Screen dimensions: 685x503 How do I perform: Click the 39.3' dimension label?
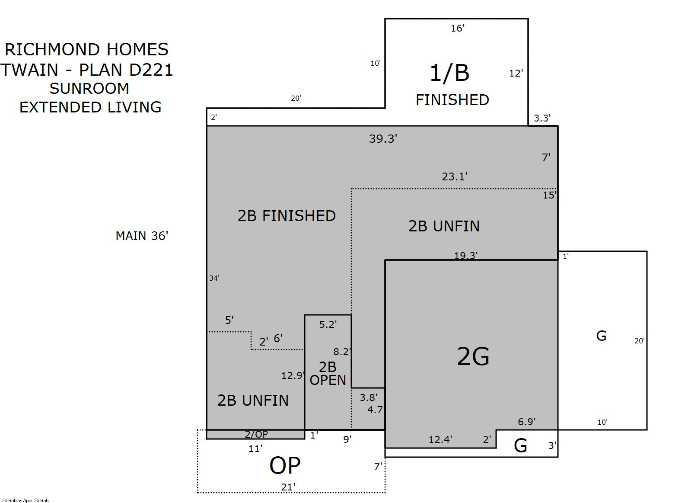click(x=383, y=139)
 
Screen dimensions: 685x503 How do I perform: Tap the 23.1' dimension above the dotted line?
click(x=454, y=176)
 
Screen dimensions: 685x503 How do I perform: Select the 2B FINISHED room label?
click(x=287, y=216)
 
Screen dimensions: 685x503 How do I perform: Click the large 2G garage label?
click(x=473, y=356)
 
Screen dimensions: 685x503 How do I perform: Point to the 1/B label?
click(x=449, y=73)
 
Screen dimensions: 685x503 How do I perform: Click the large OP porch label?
click(x=285, y=465)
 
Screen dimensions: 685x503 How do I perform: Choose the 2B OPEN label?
click(x=328, y=374)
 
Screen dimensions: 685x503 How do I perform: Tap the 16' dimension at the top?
click(x=458, y=28)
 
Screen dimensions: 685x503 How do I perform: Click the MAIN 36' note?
click(x=142, y=236)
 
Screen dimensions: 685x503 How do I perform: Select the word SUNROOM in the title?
click(x=89, y=89)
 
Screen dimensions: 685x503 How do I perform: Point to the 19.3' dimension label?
click(x=466, y=255)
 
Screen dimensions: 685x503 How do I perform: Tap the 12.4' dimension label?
click(x=440, y=440)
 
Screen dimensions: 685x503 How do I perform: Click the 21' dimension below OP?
click(x=288, y=487)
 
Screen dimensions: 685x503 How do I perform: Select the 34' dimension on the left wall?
click(x=214, y=278)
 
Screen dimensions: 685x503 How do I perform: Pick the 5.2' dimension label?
click(x=328, y=324)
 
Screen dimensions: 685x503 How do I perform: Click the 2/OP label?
click(x=256, y=434)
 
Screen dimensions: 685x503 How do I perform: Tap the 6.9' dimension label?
click(x=526, y=422)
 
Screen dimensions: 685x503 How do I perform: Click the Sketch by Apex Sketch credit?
click(x=25, y=500)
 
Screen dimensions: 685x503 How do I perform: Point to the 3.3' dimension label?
click(x=542, y=118)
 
